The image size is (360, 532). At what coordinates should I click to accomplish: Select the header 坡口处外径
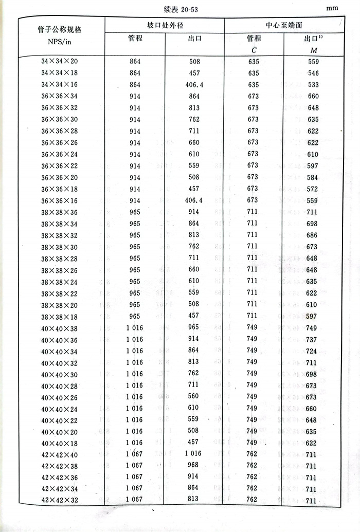tap(164, 25)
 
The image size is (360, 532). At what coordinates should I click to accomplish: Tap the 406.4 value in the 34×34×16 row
tap(193, 85)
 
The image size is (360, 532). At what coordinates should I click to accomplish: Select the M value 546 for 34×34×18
tap(313, 74)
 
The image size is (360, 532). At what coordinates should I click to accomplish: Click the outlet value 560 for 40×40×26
tap(193, 397)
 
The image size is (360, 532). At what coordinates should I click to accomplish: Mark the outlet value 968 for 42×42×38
tap(193, 466)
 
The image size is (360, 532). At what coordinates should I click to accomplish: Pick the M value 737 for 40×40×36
tap(313, 339)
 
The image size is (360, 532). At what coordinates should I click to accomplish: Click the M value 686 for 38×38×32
tap(313, 235)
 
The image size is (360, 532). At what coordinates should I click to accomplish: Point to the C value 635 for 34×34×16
tap(253, 85)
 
